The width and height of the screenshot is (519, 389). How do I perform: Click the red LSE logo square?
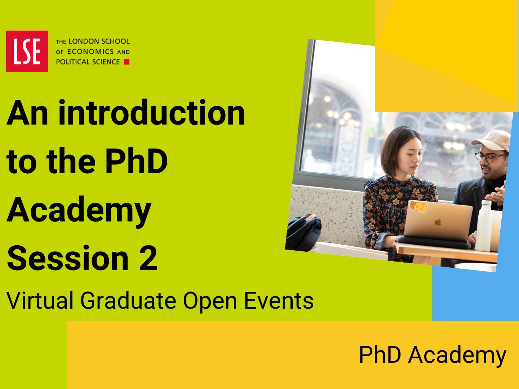(27, 51)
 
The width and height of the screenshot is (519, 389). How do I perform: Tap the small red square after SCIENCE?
(127, 62)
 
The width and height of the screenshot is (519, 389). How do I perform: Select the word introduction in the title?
(152, 112)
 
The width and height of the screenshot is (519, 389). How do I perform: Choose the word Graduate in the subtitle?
(128, 300)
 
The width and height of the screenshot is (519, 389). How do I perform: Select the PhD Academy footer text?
(433, 355)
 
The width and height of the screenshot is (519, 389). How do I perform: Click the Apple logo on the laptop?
(438, 222)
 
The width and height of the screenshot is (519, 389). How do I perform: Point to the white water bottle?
(484, 226)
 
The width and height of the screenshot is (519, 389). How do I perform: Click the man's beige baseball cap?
(492, 140)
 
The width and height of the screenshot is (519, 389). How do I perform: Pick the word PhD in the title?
(137, 161)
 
